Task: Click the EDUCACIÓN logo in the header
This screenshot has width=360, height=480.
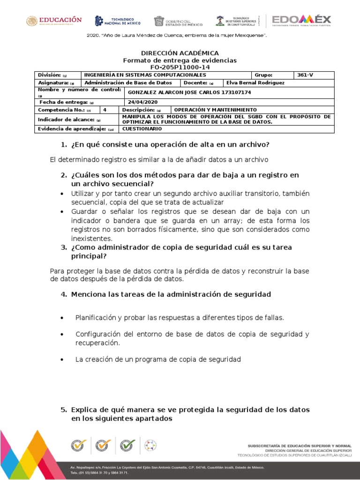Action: point(54,21)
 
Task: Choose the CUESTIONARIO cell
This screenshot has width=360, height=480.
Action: point(142,128)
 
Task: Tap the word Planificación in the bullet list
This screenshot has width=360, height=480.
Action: point(96,318)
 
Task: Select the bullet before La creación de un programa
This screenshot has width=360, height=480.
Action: point(62,360)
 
